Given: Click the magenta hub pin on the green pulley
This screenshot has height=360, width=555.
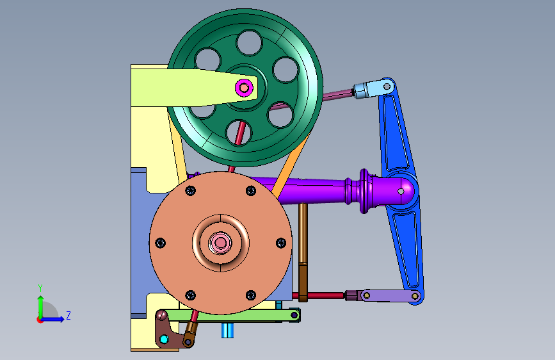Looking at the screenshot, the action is point(244,87).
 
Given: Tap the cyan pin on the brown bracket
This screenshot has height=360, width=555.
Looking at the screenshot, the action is point(164,339).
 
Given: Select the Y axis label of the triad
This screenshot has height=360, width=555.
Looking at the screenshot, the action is point(40,288).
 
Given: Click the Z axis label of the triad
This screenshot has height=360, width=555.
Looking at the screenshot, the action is point(68,315).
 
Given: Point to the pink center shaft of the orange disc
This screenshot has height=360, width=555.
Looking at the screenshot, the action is point(220,243).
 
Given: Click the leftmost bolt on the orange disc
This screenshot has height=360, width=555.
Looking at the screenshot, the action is point(160,243).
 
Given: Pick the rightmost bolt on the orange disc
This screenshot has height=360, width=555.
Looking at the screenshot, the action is point(281,243).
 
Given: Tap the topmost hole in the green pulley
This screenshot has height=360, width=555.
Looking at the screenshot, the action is point(249,42).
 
